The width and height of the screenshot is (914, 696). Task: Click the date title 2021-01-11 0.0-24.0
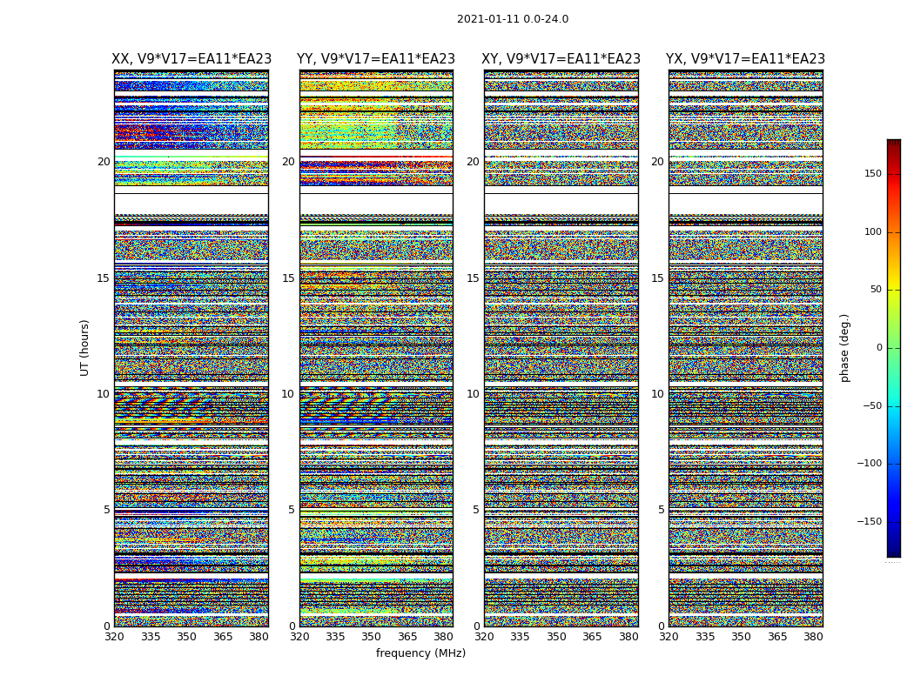513,19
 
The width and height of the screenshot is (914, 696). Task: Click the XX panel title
192,59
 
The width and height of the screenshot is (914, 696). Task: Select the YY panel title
376,59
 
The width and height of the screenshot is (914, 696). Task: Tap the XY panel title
561,59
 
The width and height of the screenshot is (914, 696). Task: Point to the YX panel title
745,59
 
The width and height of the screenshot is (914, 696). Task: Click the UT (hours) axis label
84,347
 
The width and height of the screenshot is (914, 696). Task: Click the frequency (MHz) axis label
420,653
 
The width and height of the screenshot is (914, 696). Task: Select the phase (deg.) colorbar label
844,347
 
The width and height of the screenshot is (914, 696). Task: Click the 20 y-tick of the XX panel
104,162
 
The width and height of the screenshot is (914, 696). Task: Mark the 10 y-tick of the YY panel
288,394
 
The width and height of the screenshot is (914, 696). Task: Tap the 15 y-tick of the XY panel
473,278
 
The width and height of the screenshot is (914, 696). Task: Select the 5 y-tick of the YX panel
661,510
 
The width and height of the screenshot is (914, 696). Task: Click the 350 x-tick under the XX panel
187,637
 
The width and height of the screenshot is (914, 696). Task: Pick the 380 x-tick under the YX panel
813,637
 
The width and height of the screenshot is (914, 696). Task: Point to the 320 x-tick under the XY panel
484,637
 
